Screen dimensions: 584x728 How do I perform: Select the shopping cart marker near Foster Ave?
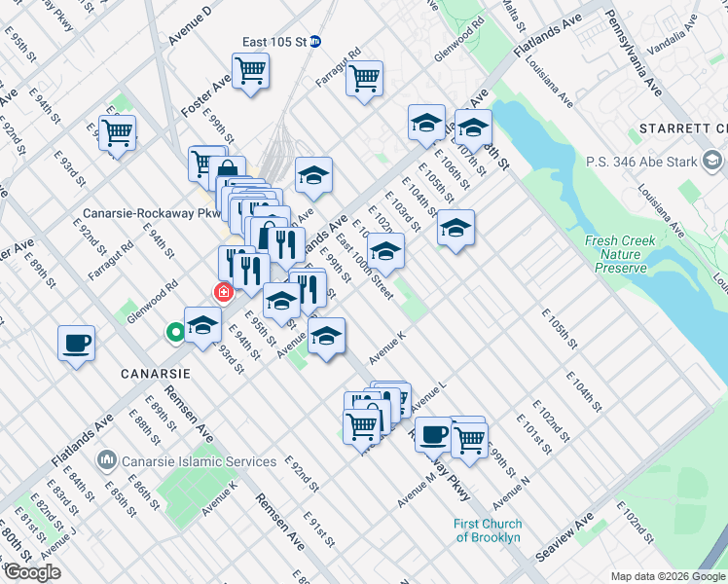[250, 71]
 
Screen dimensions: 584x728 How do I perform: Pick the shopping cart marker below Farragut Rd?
[364, 79]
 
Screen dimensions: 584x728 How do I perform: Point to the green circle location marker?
[175, 333]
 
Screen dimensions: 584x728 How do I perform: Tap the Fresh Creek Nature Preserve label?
[615, 254]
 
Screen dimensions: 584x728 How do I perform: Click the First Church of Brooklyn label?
[487, 530]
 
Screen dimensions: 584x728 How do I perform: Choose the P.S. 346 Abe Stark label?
[642, 161]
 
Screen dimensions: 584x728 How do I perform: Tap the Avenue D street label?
[190, 26]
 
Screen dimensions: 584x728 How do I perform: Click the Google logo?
[31, 572]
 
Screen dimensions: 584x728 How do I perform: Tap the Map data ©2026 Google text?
[667, 575]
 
